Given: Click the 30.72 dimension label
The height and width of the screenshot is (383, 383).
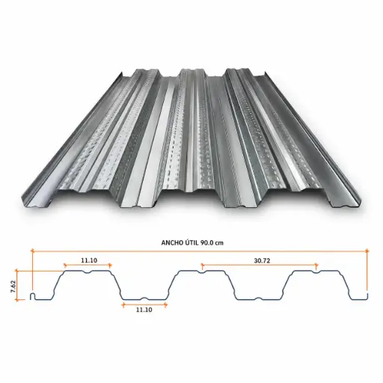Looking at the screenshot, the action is coord(262,261).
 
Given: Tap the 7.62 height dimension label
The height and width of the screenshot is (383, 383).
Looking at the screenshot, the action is coord(13,287).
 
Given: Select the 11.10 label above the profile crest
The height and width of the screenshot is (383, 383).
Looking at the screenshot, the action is coord(89,260).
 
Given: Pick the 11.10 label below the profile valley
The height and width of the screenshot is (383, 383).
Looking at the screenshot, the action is coord(144,310).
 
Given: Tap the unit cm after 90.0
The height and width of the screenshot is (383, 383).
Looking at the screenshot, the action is coord(219,243).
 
